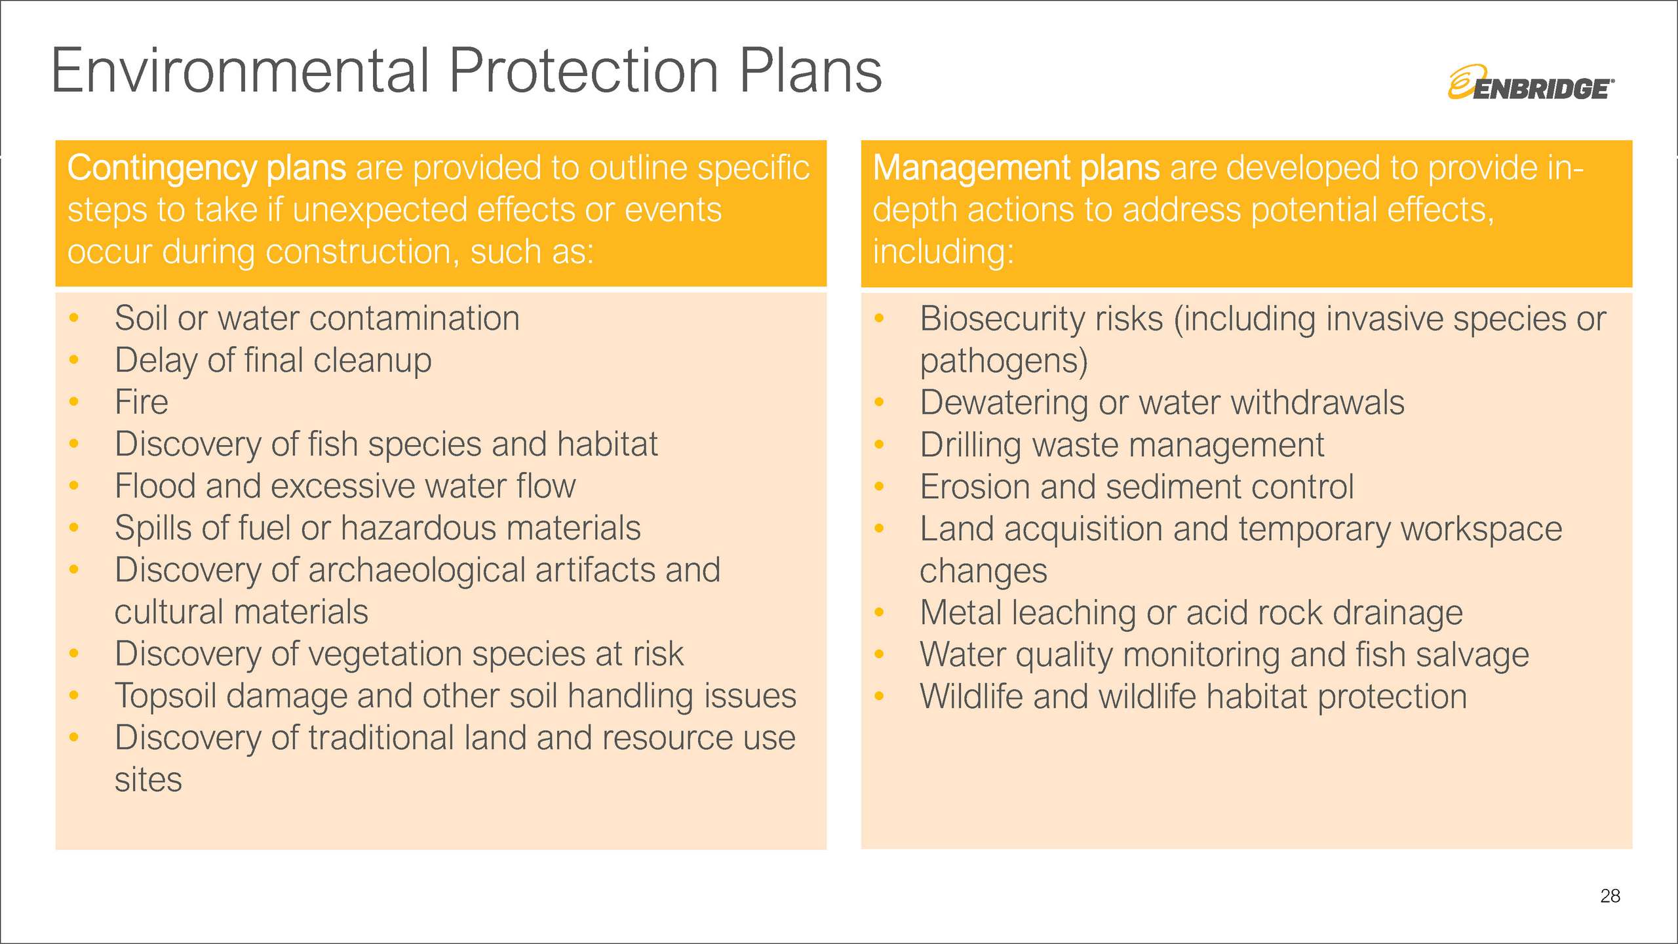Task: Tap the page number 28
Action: (1610, 896)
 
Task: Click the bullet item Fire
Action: (141, 402)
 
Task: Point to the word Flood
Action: (155, 486)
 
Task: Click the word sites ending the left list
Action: (148, 780)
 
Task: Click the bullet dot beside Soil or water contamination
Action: (74, 319)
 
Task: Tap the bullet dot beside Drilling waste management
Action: (879, 445)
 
